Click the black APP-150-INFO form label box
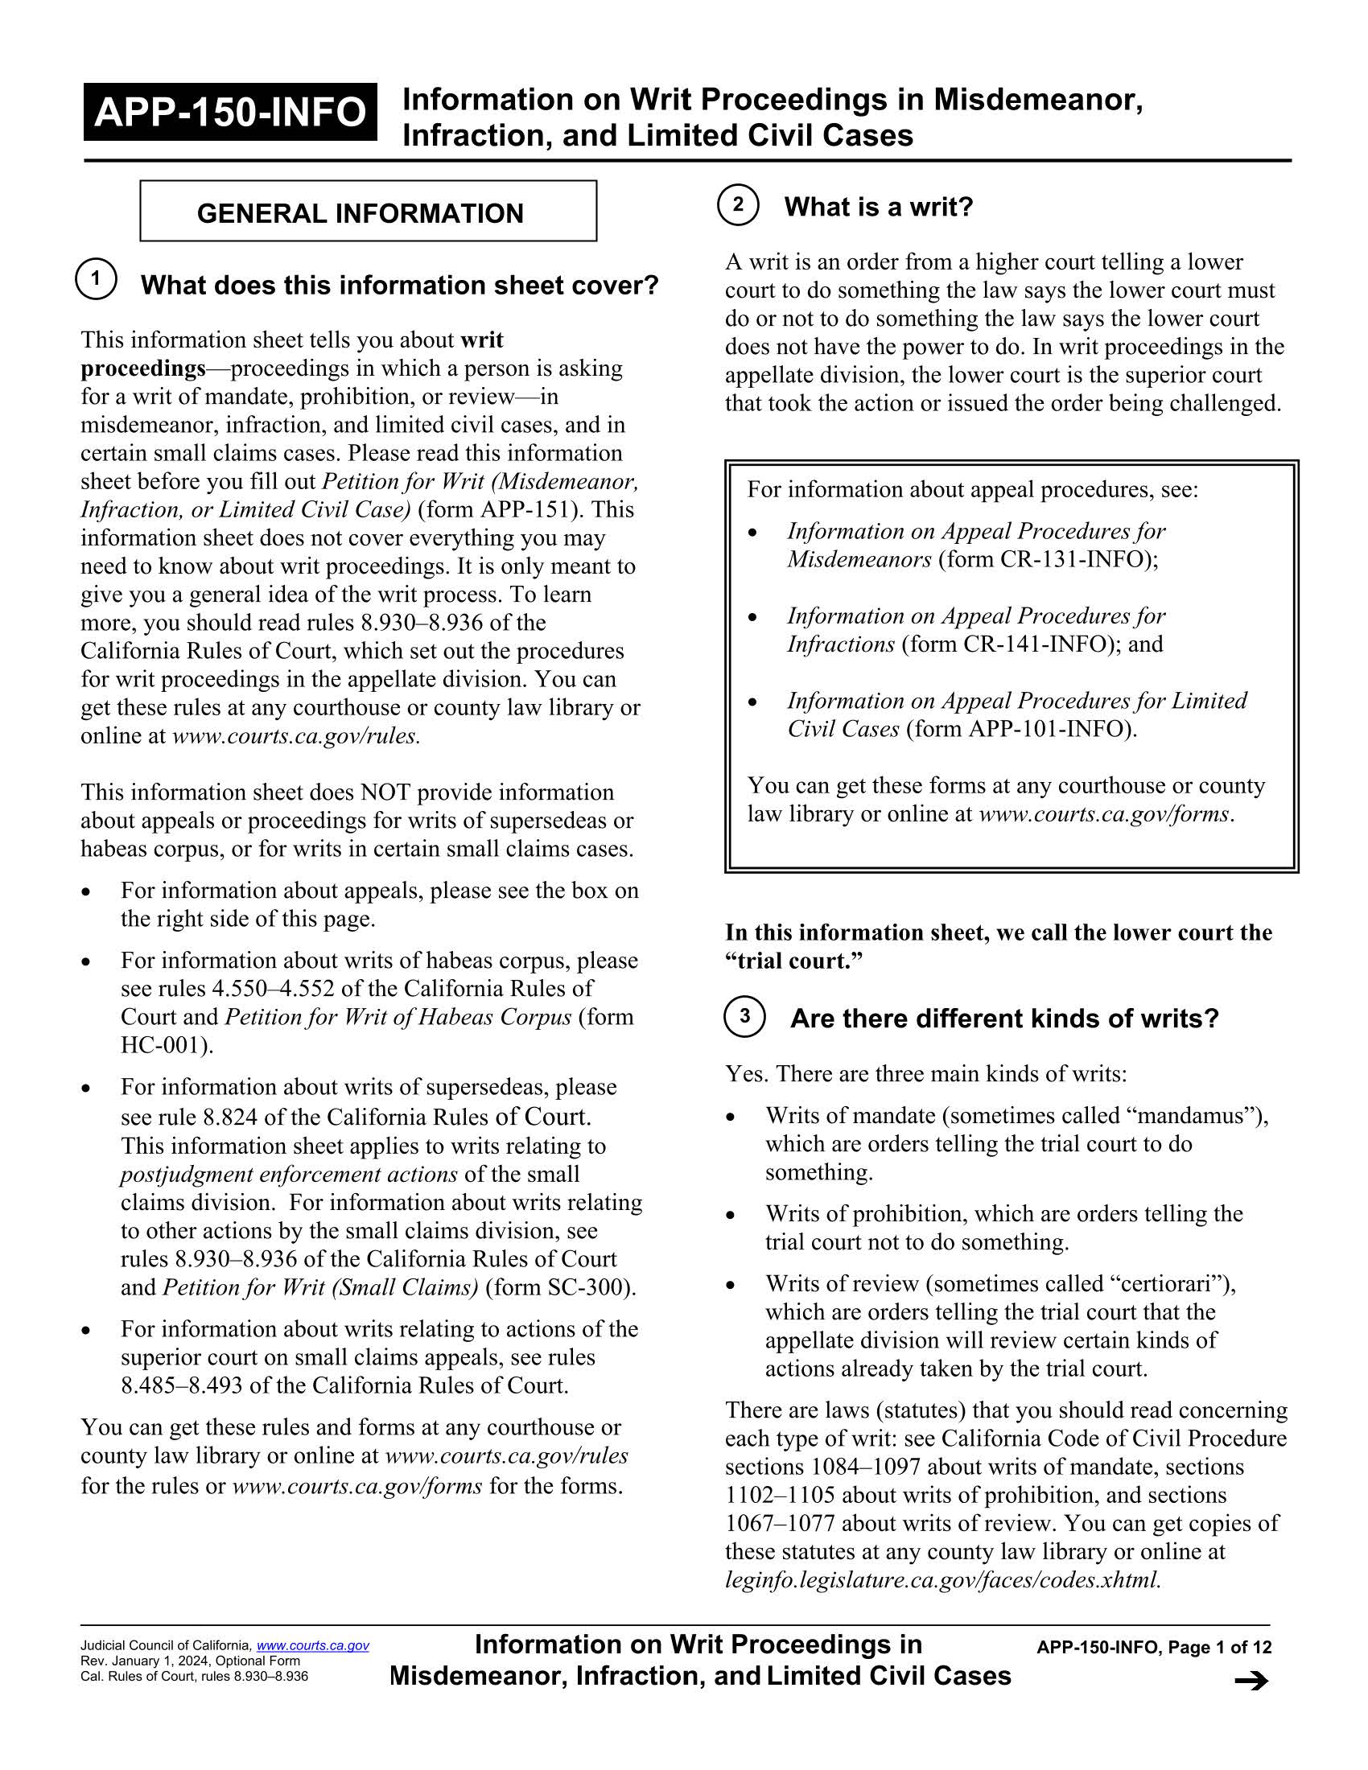point(230,112)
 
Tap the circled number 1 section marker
point(96,280)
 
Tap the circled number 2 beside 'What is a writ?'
point(737,204)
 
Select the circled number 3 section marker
point(744,1016)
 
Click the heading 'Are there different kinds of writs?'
point(1003,1018)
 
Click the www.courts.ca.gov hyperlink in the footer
point(313,1645)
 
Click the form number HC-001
point(164,1044)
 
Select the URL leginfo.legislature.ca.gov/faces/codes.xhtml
point(942,1579)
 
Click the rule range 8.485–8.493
point(182,1385)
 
